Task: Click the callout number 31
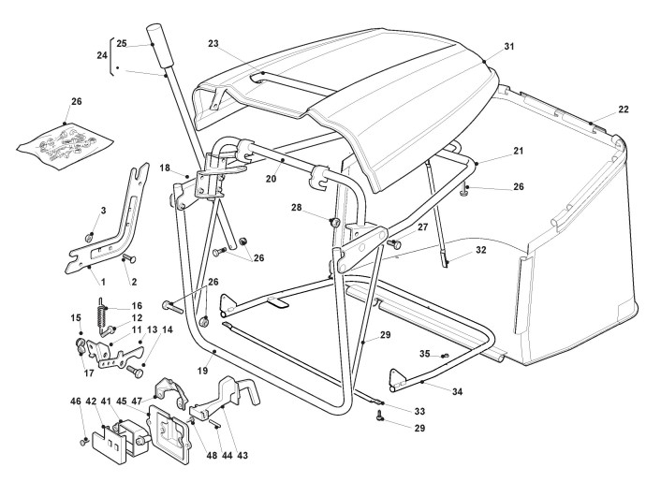coord(509,47)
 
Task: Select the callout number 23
coord(213,43)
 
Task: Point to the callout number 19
coord(203,371)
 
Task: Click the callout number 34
coord(458,391)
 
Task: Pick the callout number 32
coord(481,250)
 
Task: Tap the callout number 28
coord(297,208)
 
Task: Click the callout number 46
coord(76,402)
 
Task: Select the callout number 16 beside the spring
coord(137,306)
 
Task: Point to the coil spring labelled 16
coord(102,313)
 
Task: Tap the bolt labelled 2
coord(129,258)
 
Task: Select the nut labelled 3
coord(89,238)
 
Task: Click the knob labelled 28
coord(334,221)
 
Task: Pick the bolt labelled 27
coord(394,243)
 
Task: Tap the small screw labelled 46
coord(83,442)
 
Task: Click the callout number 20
coord(272,179)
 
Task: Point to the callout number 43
coord(242,455)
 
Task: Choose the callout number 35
coord(424,354)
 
